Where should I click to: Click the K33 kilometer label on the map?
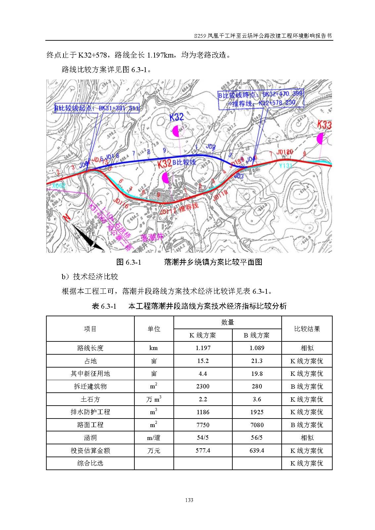tap(324, 125)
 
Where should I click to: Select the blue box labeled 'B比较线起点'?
tap(97, 108)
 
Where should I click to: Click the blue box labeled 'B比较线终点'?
tap(261, 98)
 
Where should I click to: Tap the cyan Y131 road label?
tap(285, 165)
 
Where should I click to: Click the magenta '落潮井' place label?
tap(152, 237)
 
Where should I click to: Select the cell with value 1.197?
tap(203, 348)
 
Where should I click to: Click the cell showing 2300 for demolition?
tap(203, 386)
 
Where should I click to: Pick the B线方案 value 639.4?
tap(257, 451)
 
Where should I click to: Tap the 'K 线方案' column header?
tap(203, 335)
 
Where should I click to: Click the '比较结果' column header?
tap(307, 329)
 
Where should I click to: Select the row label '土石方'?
tap(90, 399)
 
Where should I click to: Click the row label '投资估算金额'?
tap(90, 451)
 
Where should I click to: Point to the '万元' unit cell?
tap(154, 451)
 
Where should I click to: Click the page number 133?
tap(189, 500)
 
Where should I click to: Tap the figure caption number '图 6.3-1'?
tap(129, 262)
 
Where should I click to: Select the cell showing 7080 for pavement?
tap(257, 425)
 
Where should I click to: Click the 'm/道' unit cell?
tap(154, 438)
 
